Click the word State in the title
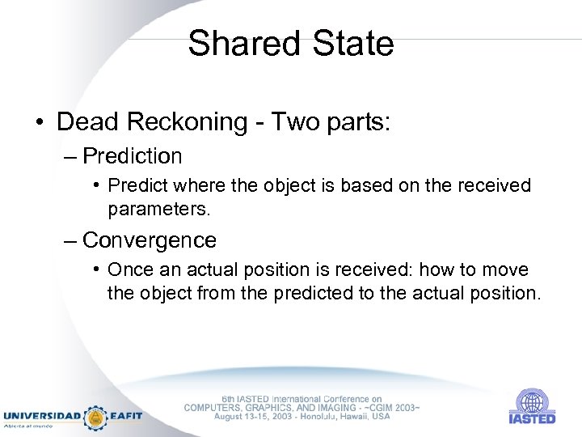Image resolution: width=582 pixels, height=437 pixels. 353,44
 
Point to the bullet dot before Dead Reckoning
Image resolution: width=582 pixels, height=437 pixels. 40,123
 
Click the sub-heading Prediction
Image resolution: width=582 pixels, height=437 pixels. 133,155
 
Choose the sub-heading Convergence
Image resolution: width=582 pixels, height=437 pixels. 150,240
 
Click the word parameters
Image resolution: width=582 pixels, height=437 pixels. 158,210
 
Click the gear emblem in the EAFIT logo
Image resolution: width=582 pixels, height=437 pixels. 96,417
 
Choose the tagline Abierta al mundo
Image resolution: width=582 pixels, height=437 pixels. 29,425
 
